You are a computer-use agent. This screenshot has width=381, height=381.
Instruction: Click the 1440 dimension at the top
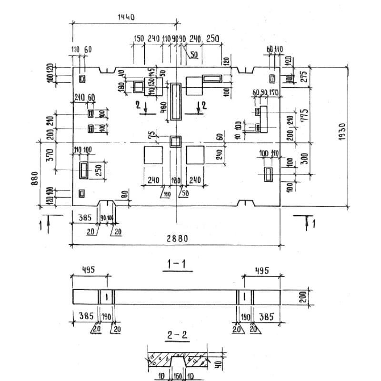click(x=126, y=17)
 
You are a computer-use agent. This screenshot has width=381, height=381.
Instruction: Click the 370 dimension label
click(x=50, y=155)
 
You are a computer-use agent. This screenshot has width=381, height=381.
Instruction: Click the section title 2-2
click(x=176, y=336)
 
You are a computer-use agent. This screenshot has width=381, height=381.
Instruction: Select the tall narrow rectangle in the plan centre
click(x=176, y=101)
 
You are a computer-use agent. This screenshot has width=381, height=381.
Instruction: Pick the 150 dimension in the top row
click(x=139, y=39)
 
